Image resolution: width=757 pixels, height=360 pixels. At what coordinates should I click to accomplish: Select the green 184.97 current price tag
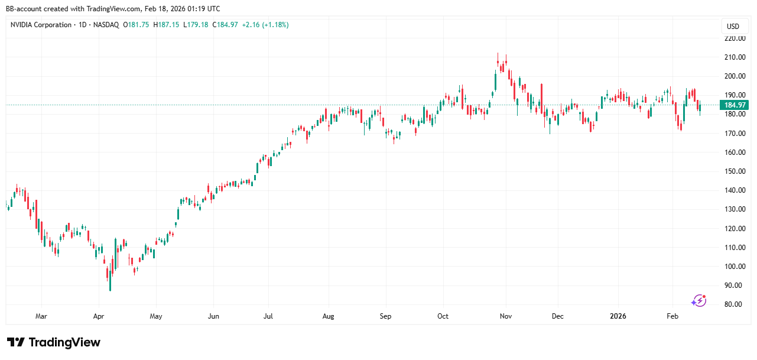tap(735, 105)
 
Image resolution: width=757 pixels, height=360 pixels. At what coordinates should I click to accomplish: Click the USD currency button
tap(733, 26)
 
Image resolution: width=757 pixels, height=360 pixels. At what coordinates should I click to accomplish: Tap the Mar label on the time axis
tap(41, 316)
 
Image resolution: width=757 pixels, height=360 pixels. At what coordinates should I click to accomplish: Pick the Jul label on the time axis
tap(268, 316)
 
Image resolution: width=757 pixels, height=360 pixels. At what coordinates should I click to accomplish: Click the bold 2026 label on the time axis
tap(618, 316)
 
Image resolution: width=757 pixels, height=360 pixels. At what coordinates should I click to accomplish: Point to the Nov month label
tap(505, 316)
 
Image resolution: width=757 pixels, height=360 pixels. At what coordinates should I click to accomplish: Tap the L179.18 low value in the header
tap(196, 25)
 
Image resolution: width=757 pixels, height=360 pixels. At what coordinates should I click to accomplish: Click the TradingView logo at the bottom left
tap(54, 342)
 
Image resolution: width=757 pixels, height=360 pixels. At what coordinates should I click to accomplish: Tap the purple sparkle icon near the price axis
tap(699, 300)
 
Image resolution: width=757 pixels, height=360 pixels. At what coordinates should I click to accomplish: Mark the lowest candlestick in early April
tap(110, 287)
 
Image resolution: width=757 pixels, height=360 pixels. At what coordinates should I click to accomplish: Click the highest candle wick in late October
tap(498, 54)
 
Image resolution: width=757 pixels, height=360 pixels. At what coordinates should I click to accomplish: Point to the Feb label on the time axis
tap(672, 316)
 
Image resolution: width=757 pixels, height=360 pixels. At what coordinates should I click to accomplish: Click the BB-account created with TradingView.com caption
tap(113, 9)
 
